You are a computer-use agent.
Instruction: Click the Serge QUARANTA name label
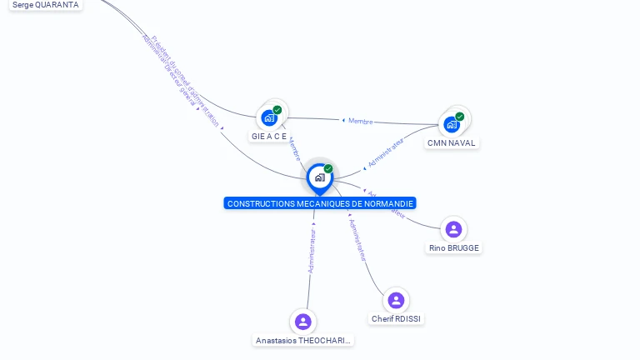pos(46,5)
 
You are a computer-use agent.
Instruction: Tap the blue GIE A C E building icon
pos(268,117)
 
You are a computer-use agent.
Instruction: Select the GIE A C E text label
pos(268,136)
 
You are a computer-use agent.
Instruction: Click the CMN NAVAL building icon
pos(451,125)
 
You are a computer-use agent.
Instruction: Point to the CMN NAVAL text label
pos(451,143)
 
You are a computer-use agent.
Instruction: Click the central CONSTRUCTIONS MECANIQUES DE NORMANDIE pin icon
pos(319,177)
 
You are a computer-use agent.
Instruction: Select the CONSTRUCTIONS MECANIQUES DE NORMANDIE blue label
pos(320,203)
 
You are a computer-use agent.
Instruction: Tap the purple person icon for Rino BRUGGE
pos(453,229)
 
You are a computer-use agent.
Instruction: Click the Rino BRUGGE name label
pos(454,248)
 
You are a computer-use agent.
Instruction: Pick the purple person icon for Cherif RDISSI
pos(396,300)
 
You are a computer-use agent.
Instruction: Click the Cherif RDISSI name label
pos(397,319)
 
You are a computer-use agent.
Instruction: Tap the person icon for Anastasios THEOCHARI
pos(302,322)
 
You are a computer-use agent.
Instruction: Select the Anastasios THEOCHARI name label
pos(303,341)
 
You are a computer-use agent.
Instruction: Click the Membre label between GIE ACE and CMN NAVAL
pos(360,121)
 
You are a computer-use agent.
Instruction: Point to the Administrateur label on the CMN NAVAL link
pos(385,153)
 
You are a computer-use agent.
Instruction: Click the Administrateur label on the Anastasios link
pos(312,251)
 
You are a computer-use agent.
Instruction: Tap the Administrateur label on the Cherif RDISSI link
pos(357,240)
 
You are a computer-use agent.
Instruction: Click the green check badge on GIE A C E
pos(277,110)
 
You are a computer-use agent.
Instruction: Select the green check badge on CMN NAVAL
pos(460,117)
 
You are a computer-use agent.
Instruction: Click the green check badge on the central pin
pos(328,168)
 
